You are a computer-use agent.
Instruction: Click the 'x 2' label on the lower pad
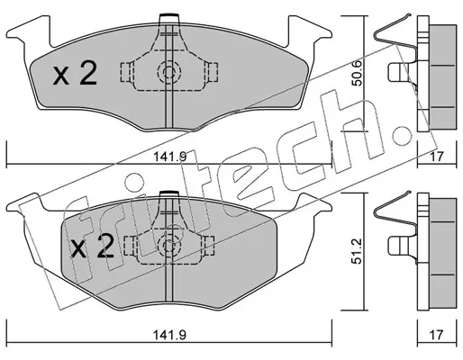coord(92,247)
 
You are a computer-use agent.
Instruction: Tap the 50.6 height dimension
coord(357,73)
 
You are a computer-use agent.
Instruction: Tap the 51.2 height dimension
coord(357,251)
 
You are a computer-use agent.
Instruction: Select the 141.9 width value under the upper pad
coord(170,157)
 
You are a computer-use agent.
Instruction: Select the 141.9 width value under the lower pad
coord(170,335)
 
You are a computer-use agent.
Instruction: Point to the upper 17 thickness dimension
coord(437,157)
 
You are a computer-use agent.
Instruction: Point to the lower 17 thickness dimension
coord(437,335)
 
